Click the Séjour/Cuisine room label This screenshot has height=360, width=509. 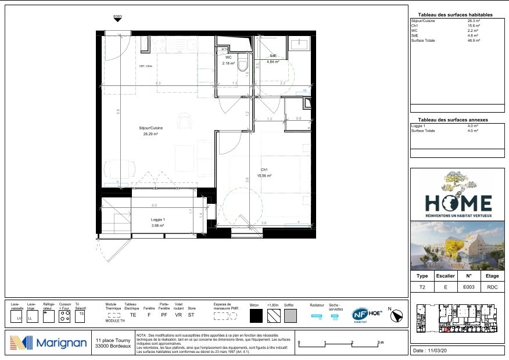(x=150, y=128)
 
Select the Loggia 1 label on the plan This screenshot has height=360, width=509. (x=158, y=219)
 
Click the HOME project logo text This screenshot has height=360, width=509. (x=458, y=203)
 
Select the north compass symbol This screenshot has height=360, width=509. (x=397, y=315)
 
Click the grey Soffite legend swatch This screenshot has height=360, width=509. (x=290, y=316)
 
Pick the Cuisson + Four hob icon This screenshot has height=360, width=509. (x=65, y=316)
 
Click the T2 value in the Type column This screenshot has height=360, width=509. (x=422, y=287)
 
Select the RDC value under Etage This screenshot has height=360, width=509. (x=492, y=287)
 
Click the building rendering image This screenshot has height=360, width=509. (x=457, y=245)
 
